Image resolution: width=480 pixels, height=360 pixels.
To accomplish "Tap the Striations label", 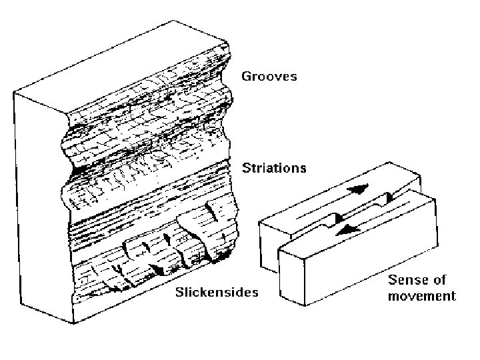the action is pyautogui.click(x=275, y=168).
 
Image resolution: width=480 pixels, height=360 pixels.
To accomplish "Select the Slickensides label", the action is pyautogui.click(x=218, y=292).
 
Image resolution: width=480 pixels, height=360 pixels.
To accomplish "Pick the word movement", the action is pyautogui.click(x=422, y=296).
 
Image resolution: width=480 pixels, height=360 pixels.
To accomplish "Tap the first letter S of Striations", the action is pyautogui.click(x=246, y=168).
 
